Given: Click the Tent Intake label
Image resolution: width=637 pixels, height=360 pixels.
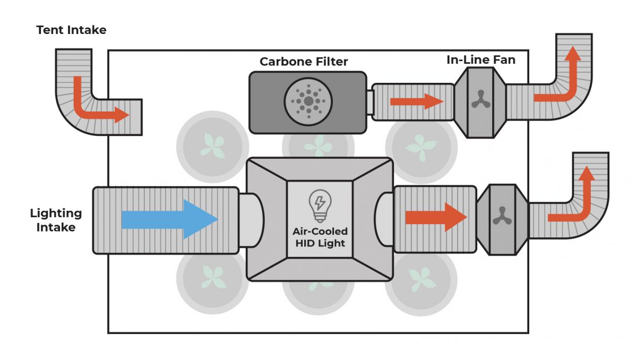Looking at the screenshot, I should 71,30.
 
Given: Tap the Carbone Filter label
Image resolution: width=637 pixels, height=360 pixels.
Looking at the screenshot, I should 304,62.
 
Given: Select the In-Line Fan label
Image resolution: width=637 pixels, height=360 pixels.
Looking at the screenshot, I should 480,60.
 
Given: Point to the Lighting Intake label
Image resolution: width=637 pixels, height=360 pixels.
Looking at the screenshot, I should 56,220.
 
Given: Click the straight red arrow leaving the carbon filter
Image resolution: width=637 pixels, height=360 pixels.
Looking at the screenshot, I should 417,101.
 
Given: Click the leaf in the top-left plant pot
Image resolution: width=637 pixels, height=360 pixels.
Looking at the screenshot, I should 212,147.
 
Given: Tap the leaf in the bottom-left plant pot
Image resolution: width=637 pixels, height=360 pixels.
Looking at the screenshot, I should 212,277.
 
